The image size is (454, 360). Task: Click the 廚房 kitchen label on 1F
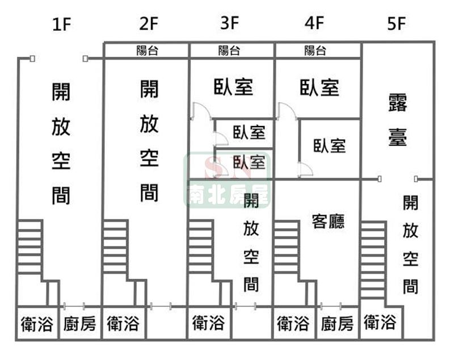(79, 324)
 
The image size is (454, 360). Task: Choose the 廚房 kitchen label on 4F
(337, 324)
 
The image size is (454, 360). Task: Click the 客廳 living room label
(328, 221)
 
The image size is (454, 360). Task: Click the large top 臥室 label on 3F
(233, 87)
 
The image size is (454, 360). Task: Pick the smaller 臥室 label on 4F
(330, 145)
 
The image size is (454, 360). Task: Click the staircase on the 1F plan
(30, 248)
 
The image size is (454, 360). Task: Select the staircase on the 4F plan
(287, 248)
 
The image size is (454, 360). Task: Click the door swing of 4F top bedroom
(286, 111)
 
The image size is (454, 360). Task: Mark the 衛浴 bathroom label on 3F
(209, 324)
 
